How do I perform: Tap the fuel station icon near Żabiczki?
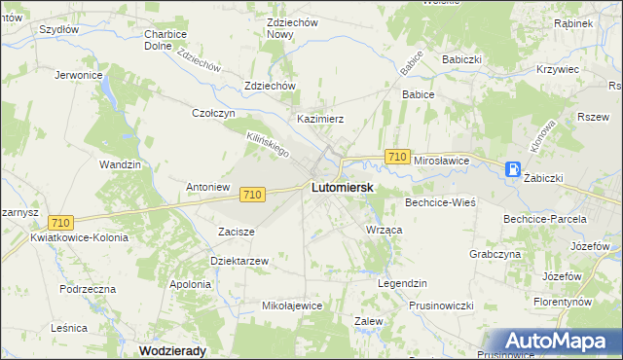coord(512,169)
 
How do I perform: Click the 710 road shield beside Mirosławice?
coord(396,157)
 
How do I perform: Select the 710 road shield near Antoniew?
coord(252,195)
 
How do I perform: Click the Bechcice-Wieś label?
coord(439,202)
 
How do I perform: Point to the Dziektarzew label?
coord(238,261)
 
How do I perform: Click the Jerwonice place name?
coord(79,75)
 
